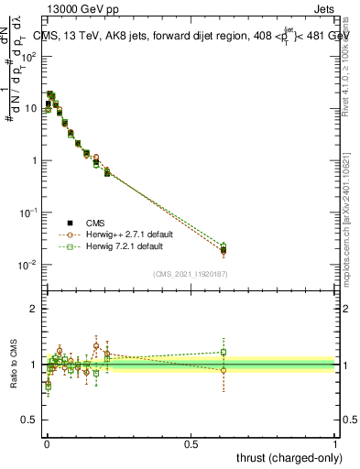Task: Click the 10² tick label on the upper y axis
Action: tap(29, 56)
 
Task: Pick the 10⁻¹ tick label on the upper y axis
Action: tap(29, 213)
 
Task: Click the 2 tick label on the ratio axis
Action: tap(34, 309)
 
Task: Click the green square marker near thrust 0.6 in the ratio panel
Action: tap(224, 352)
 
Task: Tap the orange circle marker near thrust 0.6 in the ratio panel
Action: tap(224, 370)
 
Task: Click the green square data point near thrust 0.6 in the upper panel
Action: tap(224, 245)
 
